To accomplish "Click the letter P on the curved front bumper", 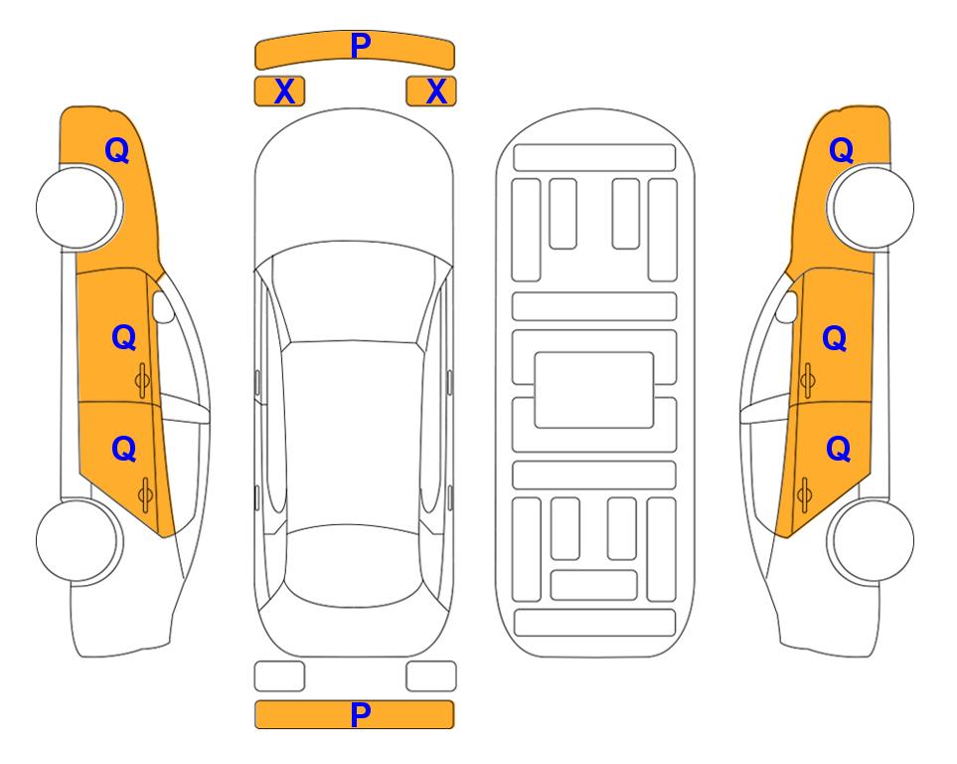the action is (x=360, y=46).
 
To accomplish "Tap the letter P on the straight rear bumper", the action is (x=360, y=714).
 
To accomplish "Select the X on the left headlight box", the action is (x=284, y=92).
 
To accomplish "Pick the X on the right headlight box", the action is (x=436, y=92).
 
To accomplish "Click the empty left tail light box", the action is (x=279, y=676).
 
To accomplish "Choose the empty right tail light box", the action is (x=431, y=676).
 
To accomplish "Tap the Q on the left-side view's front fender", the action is (x=117, y=150).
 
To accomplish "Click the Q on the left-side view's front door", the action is (x=124, y=337).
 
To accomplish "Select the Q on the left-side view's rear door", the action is (x=124, y=450).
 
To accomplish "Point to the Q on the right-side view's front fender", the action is (x=841, y=150).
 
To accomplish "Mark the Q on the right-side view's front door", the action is (x=835, y=338).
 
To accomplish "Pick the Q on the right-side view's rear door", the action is (x=838, y=450).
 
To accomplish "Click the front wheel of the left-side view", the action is (x=79, y=207).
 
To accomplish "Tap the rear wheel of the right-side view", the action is (x=871, y=540).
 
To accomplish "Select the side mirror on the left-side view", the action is (x=162, y=306).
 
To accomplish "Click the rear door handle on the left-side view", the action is (x=145, y=495).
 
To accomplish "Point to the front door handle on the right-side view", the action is (x=807, y=380).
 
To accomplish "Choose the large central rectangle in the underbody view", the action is (x=594, y=390).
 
